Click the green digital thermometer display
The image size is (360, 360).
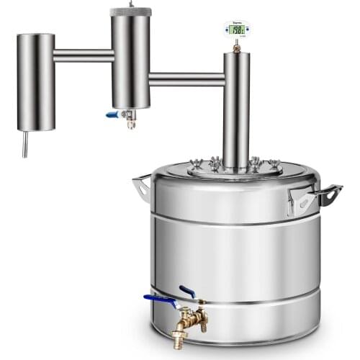tap(235, 30)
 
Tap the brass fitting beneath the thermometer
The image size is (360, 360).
tap(235, 46)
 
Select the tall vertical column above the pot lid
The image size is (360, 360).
tap(235, 108)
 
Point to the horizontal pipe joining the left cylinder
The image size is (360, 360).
tap(83, 55)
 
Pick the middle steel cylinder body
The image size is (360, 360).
tap(130, 61)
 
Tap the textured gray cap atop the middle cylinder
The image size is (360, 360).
tap(130, 12)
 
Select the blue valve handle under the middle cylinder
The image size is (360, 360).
tap(112, 114)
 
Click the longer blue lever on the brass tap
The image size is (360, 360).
tap(159, 298)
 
